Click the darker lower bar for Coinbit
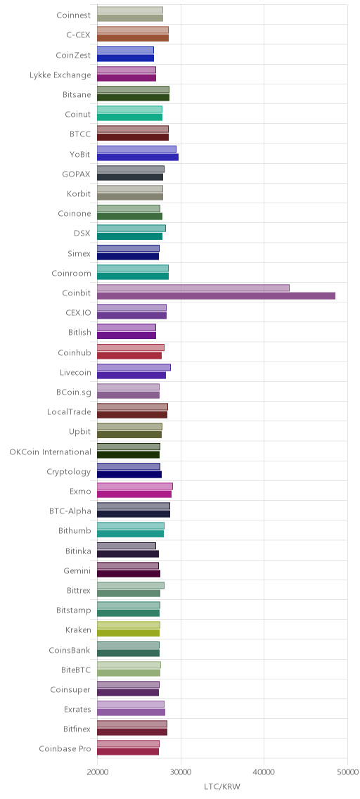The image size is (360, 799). tap(216, 296)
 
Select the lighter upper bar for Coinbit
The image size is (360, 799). tap(193, 288)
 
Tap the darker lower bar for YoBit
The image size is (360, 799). tap(138, 157)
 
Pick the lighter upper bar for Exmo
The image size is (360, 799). tap(135, 486)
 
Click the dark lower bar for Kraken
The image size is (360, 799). tap(128, 633)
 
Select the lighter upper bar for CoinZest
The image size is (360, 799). tap(125, 50)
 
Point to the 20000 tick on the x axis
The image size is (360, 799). tap(97, 772)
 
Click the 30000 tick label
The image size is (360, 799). tap(180, 772)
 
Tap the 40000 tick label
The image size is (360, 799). tap(264, 772)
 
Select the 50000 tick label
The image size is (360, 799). tap(347, 772)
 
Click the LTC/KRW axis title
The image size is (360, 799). tap(221, 787)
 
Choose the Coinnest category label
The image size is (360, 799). tap(74, 15)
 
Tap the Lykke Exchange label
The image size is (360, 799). tap(60, 75)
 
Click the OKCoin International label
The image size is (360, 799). tap(51, 452)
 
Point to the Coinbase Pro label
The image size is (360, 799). tap(65, 749)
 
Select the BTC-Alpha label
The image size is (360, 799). tap(70, 511)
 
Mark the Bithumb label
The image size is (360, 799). tap(75, 531)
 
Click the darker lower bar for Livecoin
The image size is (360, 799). tap(131, 376)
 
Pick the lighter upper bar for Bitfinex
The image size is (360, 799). tap(132, 724)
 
